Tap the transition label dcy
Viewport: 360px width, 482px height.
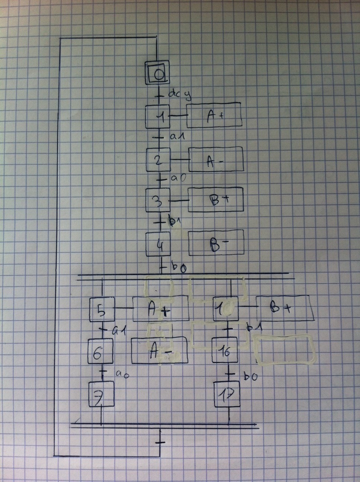click(x=180, y=94)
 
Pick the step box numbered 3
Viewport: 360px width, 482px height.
click(x=158, y=200)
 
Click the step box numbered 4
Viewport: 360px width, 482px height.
click(x=158, y=244)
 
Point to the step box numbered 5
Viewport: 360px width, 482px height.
click(x=101, y=309)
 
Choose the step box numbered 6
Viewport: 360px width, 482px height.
click(x=100, y=351)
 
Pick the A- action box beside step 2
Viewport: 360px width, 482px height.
click(x=216, y=160)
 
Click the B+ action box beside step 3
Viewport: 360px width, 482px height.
click(x=216, y=200)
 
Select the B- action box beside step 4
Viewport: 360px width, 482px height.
click(x=216, y=243)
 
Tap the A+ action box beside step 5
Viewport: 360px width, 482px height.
click(x=161, y=308)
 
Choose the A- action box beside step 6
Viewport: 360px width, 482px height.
click(x=159, y=350)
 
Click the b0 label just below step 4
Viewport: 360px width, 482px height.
click(x=179, y=267)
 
